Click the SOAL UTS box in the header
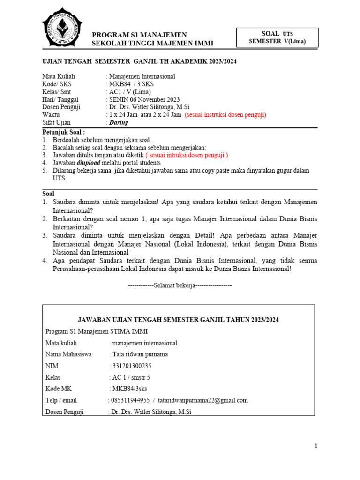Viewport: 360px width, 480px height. (x=277, y=37)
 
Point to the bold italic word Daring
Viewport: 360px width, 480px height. (x=119, y=122)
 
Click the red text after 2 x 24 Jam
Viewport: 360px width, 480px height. (x=225, y=115)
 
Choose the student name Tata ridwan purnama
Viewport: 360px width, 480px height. (x=139, y=354)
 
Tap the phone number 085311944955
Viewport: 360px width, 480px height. (x=129, y=400)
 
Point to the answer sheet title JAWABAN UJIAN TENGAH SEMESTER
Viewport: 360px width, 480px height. (x=179, y=320)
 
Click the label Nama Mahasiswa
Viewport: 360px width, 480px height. (x=68, y=354)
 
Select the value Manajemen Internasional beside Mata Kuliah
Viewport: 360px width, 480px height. (x=142, y=76)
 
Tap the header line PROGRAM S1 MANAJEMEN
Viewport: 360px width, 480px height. (x=139, y=35)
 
